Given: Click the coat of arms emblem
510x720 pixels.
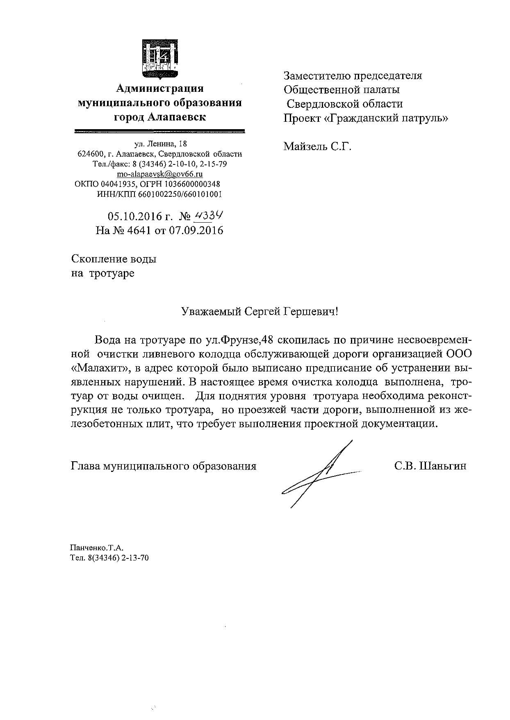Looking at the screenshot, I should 160,59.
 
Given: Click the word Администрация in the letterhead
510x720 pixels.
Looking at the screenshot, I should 159,89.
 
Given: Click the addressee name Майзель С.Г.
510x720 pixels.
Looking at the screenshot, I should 317,146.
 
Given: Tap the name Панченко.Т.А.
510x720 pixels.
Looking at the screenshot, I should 97,548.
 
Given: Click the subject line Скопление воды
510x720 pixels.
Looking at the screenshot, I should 114,259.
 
